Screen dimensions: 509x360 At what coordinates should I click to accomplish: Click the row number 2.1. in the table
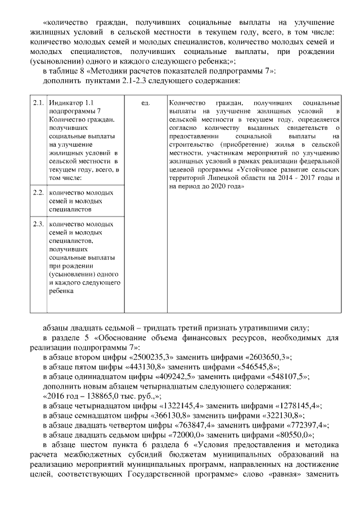pyautogui.click(x=38, y=104)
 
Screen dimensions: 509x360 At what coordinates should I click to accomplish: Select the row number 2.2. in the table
pyautogui.click(x=38, y=193)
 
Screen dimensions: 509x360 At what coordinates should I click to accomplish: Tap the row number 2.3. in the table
pyautogui.click(x=38, y=224)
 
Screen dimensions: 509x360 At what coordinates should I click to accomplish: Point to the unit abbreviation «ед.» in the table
pyautogui.click(x=145, y=104)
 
